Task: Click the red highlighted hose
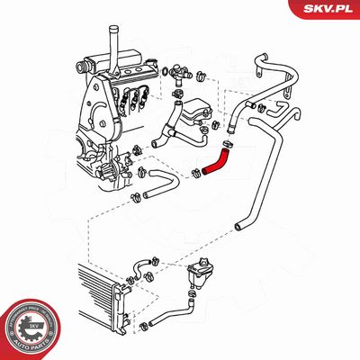[217, 161]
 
